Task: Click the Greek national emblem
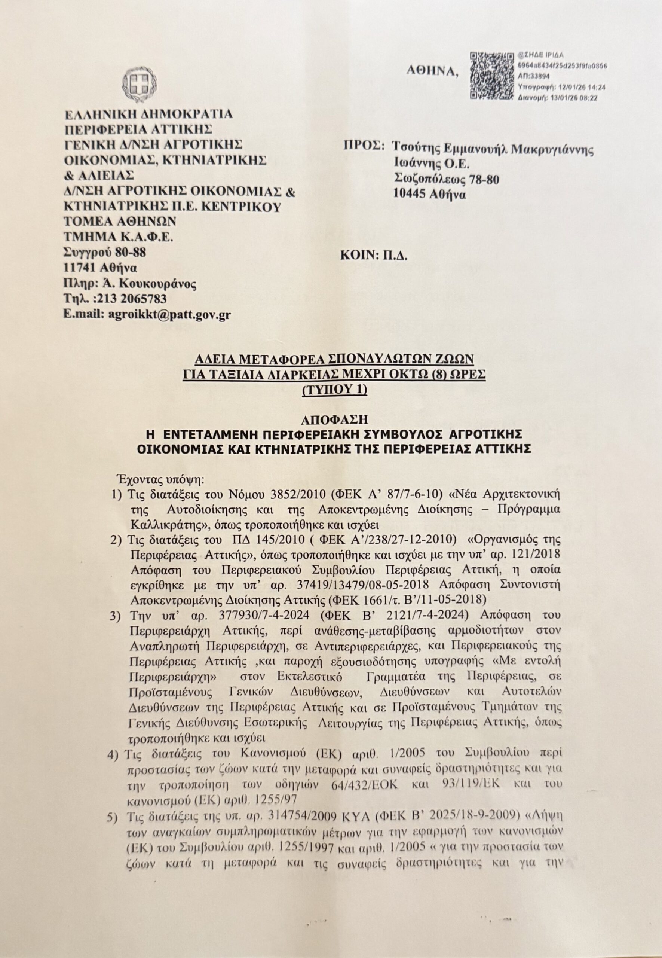140,83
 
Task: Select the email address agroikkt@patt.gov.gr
169,314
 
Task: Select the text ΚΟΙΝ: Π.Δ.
374,256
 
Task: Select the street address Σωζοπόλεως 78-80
446,179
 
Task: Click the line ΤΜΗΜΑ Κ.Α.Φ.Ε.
118,237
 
